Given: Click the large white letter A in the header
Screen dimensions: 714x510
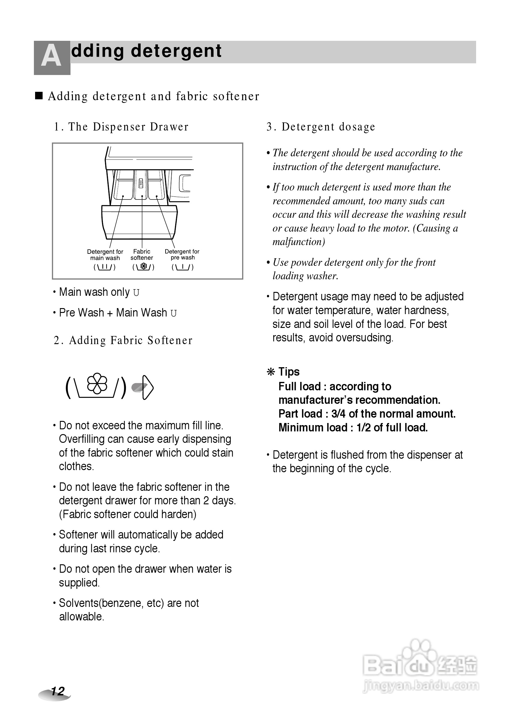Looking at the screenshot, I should (51, 57).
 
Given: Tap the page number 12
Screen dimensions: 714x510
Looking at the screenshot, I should (58, 691).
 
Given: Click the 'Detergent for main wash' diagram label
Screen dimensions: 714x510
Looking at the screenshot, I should (105, 255).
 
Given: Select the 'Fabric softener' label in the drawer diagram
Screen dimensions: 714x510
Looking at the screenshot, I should (142, 255).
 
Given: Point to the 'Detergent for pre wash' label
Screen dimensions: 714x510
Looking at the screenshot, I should (182, 254).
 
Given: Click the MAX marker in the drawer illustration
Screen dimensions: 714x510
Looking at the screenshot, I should (141, 184).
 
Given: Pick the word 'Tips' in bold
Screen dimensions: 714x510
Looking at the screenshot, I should (289, 372).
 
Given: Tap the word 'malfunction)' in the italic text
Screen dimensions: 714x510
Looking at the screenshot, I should (299, 242).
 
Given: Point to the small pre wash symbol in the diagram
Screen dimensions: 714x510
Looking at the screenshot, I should (182, 267).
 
